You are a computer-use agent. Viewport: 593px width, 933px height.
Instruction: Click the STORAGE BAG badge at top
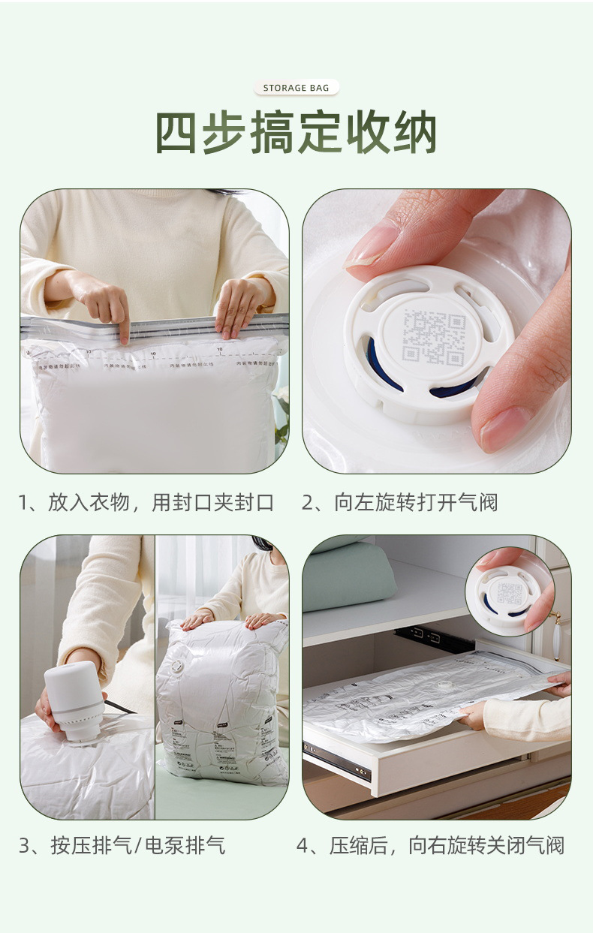tap(296, 88)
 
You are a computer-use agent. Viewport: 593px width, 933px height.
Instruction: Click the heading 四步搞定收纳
tap(296, 133)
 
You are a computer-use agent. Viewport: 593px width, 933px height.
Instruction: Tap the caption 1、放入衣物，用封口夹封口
tap(146, 502)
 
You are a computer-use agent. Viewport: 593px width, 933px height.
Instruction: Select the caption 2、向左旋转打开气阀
tap(399, 502)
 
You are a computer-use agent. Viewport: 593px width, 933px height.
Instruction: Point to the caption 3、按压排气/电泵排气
tap(122, 846)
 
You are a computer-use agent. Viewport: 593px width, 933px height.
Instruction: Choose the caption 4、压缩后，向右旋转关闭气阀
tap(429, 846)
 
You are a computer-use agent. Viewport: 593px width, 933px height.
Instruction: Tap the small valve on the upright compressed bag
tap(178, 666)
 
